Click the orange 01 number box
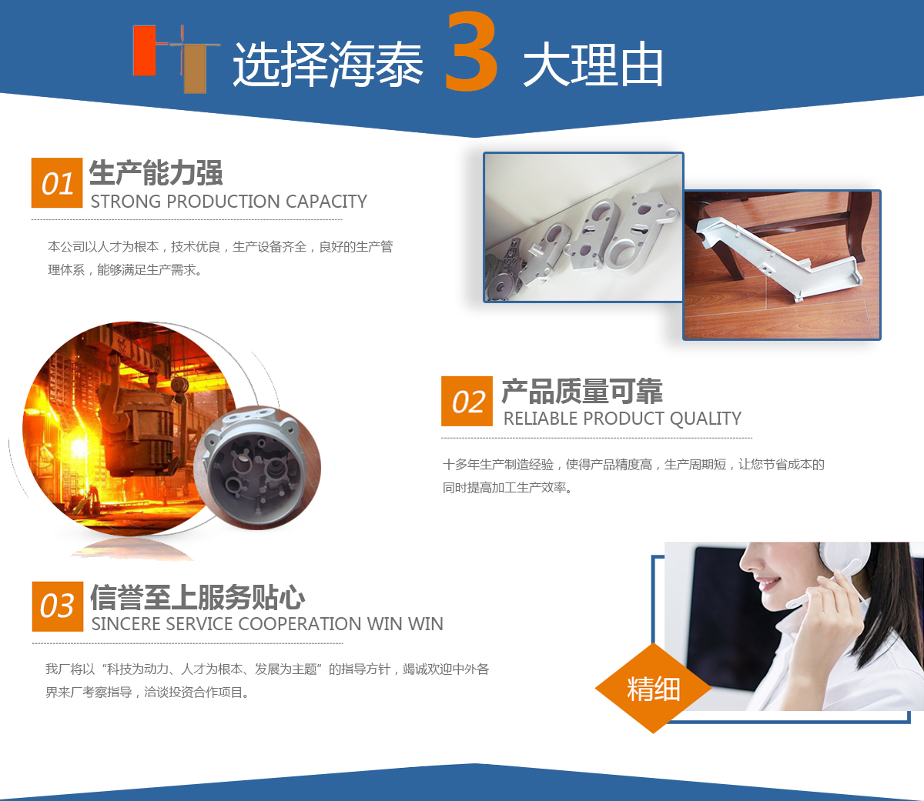pos(57,183)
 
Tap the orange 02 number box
pos(467,401)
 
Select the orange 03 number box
pos(57,606)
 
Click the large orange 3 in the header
pos(471,51)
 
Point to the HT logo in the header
pos(176,58)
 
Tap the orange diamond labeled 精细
pos(653,689)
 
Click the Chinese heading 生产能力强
pos(156,173)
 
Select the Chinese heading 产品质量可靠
pos(582,391)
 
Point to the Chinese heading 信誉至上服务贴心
pos(198,597)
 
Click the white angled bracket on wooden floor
pos(778,258)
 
